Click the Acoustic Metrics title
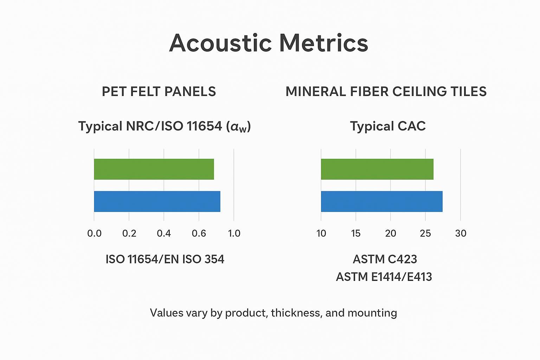click(x=269, y=43)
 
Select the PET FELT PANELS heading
click(x=159, y=92)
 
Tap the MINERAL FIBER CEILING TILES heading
click(x=386, y=92)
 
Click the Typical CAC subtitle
click(x=388, y=126)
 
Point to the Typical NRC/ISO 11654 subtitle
click(x=164, y=127)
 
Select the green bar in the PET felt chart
click(x=154, y=169)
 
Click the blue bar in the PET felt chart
click(x=157, y=201)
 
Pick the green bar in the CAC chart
click(x=377, y=169)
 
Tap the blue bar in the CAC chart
click(x=381, y=201)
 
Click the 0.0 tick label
click(x=94, y=233)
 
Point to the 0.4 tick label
click(x=164, y=233)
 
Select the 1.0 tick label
click(x=234, y=233)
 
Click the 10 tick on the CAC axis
click(x=321, y=233)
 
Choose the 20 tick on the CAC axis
click(x=391, y=233)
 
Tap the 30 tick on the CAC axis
click(x=461, y=233)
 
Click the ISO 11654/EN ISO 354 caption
click(x=165, y=259)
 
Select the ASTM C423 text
click(x=385, y=259)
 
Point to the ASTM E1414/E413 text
click(x=384, y=277)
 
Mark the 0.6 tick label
click(x=199, y=233)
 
